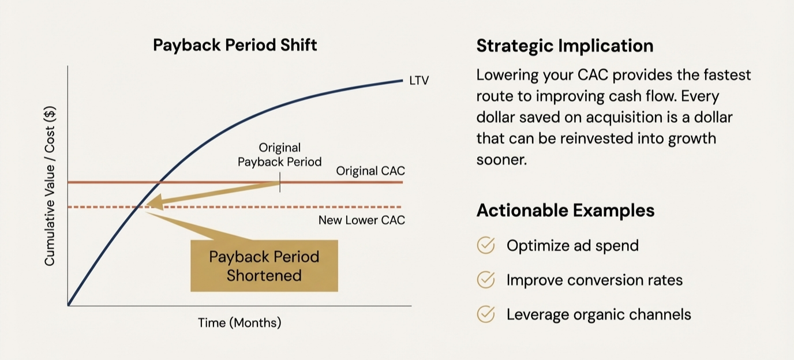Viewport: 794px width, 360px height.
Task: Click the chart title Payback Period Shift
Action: pyautogui.click(x=235, y=45)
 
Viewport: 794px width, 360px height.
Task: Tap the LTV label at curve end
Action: pyautogui.click(x=419, y=81)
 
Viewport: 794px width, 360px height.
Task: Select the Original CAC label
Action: pyautogui.click(x=370, y=171)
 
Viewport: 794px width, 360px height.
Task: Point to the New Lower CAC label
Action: pyautogui.click(x=362, y=220)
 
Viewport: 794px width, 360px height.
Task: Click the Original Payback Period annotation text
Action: pyautogui.click(x=279, y=155)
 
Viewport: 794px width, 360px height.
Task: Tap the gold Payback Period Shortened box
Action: pyautogui.click(x=264, y=266)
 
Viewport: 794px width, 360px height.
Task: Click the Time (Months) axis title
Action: pyautogui.click(x=239, y=322)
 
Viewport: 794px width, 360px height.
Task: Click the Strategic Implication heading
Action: pyautogui.click(x=564, y=46)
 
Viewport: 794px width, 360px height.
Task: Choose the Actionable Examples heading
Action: pyautogui.click(x=565, y=211)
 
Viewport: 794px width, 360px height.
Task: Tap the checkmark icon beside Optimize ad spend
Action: pyautogui.click(x=486, y=246)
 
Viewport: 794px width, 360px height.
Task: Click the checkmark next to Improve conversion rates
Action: pyautogui.click(x=486, y=280)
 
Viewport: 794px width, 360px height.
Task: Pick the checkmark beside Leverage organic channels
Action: pyautogui.click(x=486, y=314)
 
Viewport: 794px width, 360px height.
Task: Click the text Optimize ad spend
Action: pyautogui.click(x=572, y=246)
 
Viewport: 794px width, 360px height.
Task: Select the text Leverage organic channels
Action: pyautogui.click(x=598, y=314)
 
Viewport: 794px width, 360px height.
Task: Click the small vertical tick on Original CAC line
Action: pyautogui.click(x=280, y=183)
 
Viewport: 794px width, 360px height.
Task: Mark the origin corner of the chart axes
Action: pyautogui.click(x=68, y=305)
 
